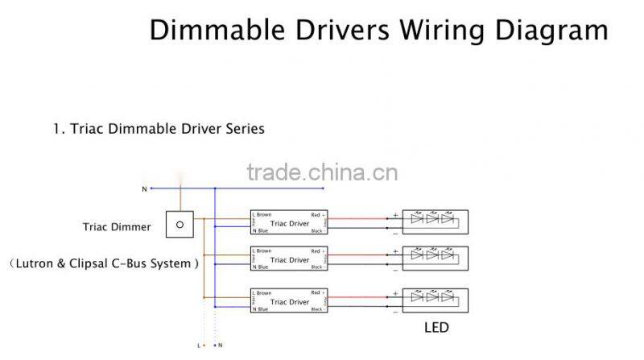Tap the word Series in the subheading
coord(244,129)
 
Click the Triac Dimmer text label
coord(117,227)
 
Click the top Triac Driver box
coord(288,222)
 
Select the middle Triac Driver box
coord(288,260)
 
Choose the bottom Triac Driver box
coord(288,302)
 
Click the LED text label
coord(436,328)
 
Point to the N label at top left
coord(144,189)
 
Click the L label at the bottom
coord(197,346)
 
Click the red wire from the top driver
coord(358,217)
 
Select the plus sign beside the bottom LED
coord(395,292)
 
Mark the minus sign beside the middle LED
coord(395,267)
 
